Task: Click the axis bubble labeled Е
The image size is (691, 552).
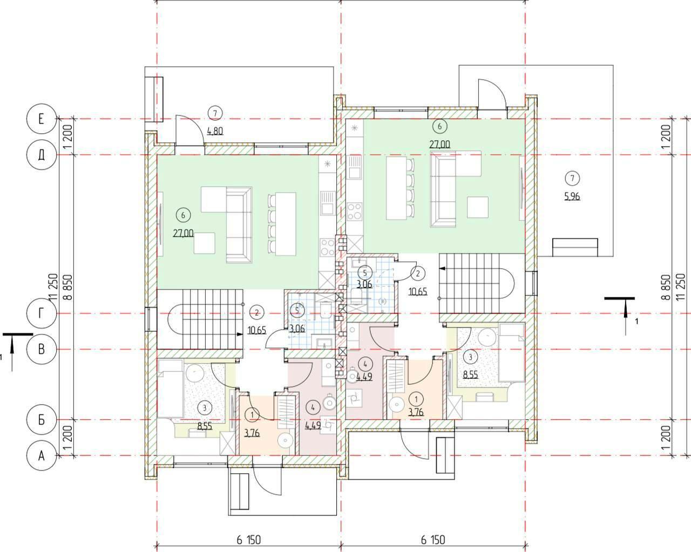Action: click(41, 119)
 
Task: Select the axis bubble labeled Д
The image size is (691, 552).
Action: click(41, 155)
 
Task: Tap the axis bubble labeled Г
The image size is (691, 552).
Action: click(41, 314)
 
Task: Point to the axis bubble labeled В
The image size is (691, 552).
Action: click(41, 349)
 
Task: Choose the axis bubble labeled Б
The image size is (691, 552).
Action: click(41, 420)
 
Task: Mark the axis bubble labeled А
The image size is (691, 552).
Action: click(41, 456)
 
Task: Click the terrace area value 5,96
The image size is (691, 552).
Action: click(572, 196)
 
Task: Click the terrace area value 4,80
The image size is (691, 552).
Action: click(215, 130)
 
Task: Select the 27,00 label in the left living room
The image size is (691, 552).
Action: click(184, 234)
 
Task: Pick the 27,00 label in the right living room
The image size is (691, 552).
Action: click(440, 144)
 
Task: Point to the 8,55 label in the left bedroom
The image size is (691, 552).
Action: click(204, 426)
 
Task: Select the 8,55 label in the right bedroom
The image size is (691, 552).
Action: click(470, 373)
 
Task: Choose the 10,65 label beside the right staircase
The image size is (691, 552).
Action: click(418, 292)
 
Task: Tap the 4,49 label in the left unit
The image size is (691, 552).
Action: click(314, 425)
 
